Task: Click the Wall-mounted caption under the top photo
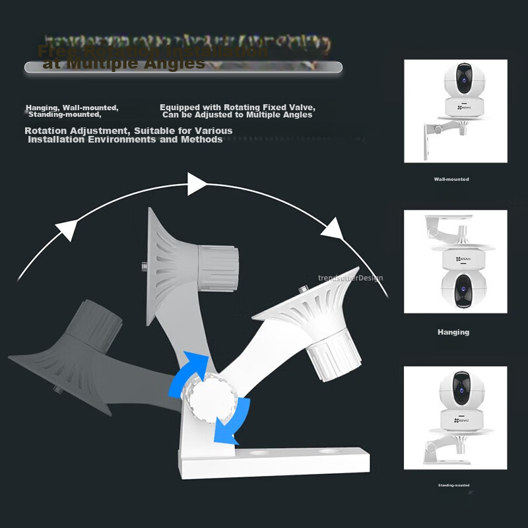(451, 180)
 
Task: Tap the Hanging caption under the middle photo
(453, 333)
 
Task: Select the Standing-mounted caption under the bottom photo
(453, 485)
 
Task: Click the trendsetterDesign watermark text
(350, 279)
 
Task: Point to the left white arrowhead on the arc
(66, 228)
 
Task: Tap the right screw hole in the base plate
(328, 452)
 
